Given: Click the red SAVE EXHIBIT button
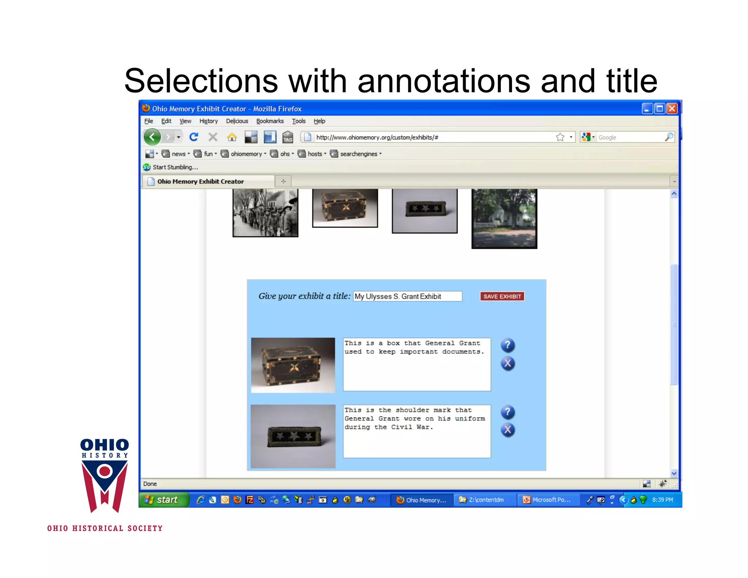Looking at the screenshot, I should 502,296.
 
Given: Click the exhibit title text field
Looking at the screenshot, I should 407,296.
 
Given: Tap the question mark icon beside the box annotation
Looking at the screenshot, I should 507,345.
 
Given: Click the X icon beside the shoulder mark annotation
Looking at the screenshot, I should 507,430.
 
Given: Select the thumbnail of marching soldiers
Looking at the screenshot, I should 266,213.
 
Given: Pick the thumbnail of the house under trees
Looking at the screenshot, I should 504,218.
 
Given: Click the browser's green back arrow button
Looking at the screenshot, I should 152,137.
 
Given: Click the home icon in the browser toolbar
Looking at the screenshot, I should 232,137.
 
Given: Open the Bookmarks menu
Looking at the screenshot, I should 270,121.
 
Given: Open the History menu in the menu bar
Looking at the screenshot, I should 208,121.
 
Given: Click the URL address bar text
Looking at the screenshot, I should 377,137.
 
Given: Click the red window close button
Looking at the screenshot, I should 672,109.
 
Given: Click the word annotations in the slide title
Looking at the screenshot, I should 443,81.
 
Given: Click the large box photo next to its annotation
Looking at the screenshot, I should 293,365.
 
